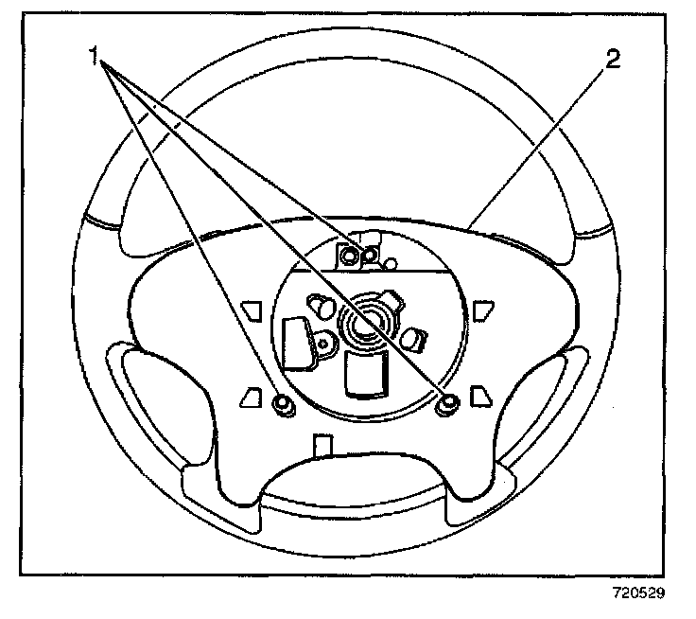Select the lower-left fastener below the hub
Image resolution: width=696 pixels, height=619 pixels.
pyautogui.click(x=280, y=405)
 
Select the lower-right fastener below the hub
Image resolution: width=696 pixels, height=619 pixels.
pyautogui.click(x=447, y=405)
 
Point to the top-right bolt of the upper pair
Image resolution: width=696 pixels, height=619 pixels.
pyautogui.click(x=371, y=254)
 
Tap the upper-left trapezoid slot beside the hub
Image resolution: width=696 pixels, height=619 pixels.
pyautogui.click(x=252, y=310)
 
